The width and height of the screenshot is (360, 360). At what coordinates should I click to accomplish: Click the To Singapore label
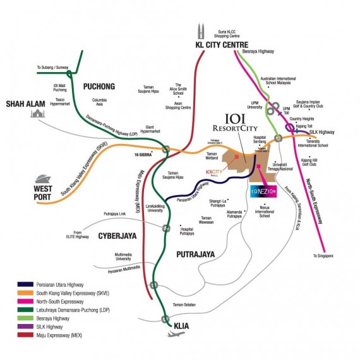coord(323,256)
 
